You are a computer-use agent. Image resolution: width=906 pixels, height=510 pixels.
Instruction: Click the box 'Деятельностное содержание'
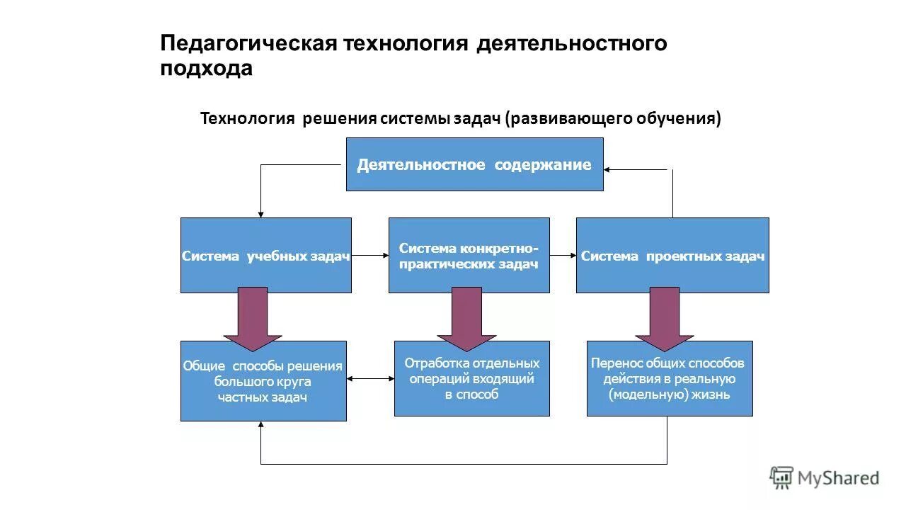coord(474,164)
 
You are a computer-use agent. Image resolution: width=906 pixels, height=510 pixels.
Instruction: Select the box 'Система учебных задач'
coord(265,256)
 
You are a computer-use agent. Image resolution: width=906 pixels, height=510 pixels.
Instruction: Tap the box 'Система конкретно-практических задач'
coord(469,256)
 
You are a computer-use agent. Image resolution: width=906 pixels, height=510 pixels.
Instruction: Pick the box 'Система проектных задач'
coord(672,256)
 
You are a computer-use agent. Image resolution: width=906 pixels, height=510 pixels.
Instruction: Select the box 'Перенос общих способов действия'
coord(669,379)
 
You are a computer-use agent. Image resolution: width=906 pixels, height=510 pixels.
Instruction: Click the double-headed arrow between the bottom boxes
coord(370,379)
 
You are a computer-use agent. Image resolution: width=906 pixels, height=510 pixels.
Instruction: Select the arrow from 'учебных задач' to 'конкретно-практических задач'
coord(369,255)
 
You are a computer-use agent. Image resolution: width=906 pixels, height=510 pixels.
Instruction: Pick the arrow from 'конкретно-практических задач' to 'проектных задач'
coord(563,255)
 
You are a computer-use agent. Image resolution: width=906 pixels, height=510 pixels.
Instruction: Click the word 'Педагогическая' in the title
coord(247,43)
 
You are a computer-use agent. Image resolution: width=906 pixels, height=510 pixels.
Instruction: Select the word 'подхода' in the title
coord(206,69)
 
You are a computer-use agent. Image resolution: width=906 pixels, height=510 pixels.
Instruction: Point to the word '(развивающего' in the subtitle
coord(563,118)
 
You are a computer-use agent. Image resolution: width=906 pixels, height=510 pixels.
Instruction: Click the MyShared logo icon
coord(781,477)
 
